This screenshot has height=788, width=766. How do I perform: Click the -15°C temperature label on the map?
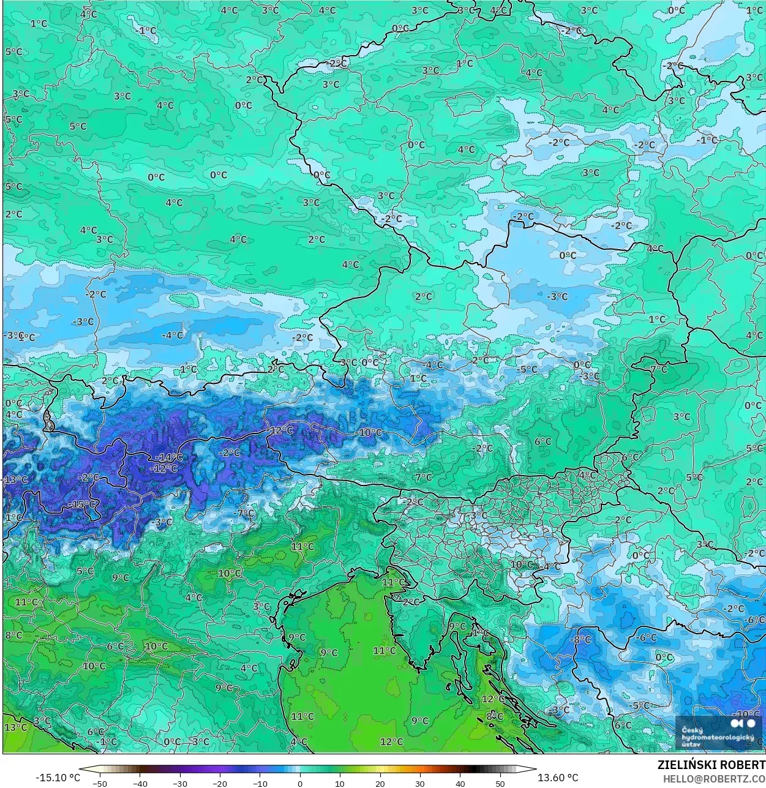tap(84, 504)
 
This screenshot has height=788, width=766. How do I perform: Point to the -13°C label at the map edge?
tap(15, 480)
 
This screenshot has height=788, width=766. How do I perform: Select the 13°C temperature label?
tap(15, 727)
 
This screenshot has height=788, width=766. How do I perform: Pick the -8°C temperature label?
tap(580, 639)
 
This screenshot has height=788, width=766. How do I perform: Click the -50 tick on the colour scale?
tap(99, 783)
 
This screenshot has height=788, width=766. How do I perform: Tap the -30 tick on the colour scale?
tap(179, 783)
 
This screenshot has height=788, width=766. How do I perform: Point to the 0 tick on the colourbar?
tap(300, 783)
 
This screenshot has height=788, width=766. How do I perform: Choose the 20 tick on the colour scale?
tap(380, 783)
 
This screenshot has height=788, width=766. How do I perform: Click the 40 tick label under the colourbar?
tap(460, 783)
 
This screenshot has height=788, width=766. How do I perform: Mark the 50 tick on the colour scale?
tap(500, 783)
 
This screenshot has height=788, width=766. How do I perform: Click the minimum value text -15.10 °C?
tap(58, 778)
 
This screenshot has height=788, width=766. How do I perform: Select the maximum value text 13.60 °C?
tap(558, 778)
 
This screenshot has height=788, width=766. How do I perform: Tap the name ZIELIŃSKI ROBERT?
tap(711, 765)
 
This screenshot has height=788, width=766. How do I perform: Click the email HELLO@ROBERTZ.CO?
tap(713, 779)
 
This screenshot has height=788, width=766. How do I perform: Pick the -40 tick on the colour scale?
tap(140, 783)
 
